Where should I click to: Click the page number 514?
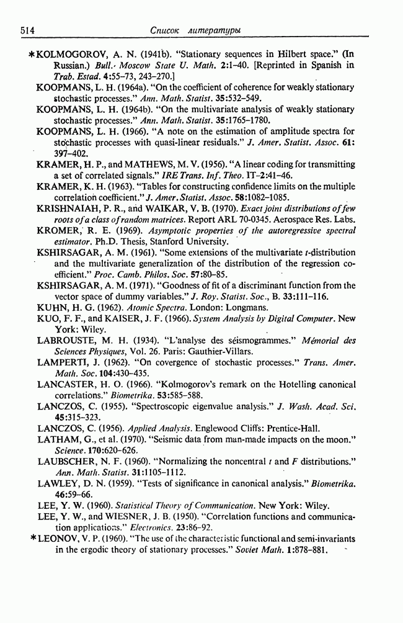(27, 30)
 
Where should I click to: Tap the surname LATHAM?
(57, 440)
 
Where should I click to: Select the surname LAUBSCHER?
(68, 462)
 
